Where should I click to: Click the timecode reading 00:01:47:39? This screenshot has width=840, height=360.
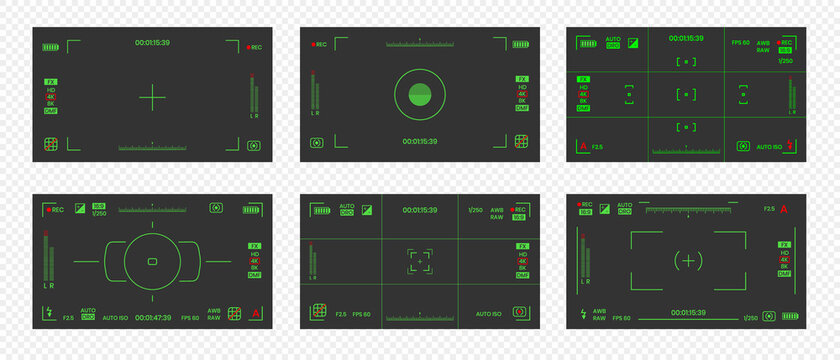pos(153,317)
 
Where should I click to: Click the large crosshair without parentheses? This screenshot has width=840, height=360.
pos(152,97)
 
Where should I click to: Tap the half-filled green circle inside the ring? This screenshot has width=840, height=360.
pos(419,96)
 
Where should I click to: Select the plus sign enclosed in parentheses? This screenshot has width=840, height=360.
pos(687,260)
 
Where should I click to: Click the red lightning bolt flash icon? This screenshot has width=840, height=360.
pos(790,146)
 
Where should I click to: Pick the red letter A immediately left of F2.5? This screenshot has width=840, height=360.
pos(583,147)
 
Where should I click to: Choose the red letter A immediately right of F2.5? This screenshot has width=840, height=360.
pos(784,209)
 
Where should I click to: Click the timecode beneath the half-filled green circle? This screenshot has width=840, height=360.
pos(419,142)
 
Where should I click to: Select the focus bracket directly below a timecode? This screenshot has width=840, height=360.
pos(686,62)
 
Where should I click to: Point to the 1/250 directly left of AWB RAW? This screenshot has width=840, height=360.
pos(475,210)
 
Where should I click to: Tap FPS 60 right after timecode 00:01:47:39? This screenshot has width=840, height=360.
pos(191,317)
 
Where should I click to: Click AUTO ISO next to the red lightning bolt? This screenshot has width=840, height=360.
pos(769,147)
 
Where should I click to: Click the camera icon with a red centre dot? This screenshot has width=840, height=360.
pos(519,313)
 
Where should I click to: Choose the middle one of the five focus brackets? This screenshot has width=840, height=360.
pos(686,95)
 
